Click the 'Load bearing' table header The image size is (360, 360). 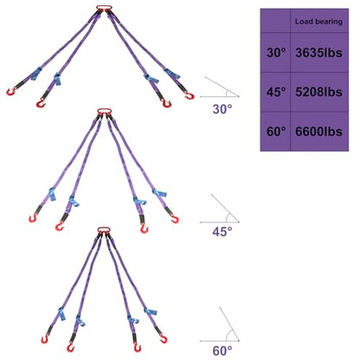[318, 22]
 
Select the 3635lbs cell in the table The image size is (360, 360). [318, 53]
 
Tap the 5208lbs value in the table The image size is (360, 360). [318, 92]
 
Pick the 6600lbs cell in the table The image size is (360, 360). [318, 132]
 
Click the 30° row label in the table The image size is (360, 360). [276, 53]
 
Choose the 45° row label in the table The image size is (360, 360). [276, 92]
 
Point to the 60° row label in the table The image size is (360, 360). [276, 132]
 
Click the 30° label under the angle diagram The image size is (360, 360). [222, 109]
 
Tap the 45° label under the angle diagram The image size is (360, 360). [222, 231]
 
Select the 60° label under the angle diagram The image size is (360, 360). [222, 350]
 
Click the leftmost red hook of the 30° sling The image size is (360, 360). [10, 92]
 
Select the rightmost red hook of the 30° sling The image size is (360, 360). [190, 95]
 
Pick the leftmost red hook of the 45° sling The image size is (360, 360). [33, 218]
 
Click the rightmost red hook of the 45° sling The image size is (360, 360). [174, 219]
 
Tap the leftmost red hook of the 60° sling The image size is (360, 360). [45, 339]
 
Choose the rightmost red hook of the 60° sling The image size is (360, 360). [164, 338]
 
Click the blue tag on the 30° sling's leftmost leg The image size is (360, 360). [36, 74]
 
